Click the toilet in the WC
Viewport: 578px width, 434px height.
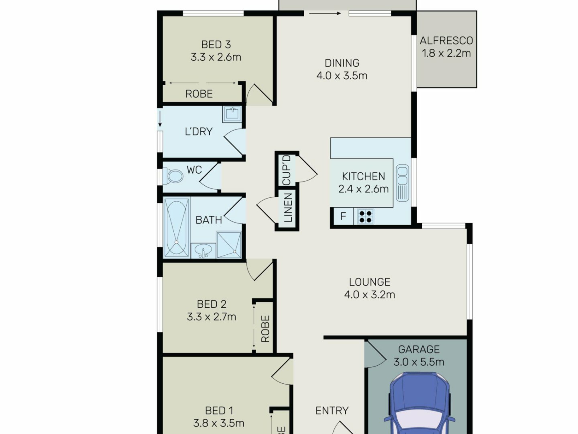pyautogui.click(x=173, y=176)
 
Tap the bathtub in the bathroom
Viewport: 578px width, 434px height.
pyautogui.click(x=176, y=228)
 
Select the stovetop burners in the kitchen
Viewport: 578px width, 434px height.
pyautogui.click(x=365, y=216)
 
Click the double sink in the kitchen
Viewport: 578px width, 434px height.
pyautogui.click(x=402, y=183)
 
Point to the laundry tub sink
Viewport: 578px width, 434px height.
pyautogui.click(x=232, y=114)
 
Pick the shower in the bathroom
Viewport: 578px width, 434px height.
pyautogui.click(x=229, y=245)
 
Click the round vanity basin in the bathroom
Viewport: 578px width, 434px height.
pyautogui.click(x=204, y=251)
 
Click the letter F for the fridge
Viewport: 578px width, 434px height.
pyautogui.click(x=343, y=216)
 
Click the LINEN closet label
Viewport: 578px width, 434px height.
pyautogui.click(x=288, y=208)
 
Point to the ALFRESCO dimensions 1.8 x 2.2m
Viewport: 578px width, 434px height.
pyautogui.click(x=446, y=53)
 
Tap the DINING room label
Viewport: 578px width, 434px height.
pyautogui.click(x=342, y=63)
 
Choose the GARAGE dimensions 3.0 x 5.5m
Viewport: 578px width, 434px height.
pyautogui.click(x=419, y=362)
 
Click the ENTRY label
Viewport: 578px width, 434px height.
pyautogui.click(x=332, y=410)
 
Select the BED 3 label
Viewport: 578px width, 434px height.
pyautogui.click(x=216, y=45)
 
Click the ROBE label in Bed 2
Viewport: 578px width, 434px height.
pyautogui.click(x=265, y=329)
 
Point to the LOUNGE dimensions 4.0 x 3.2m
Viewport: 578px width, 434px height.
pyautogui.click(x=369, y=294)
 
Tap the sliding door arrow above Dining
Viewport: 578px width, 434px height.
pyautogui.click(x=325, y=13)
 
